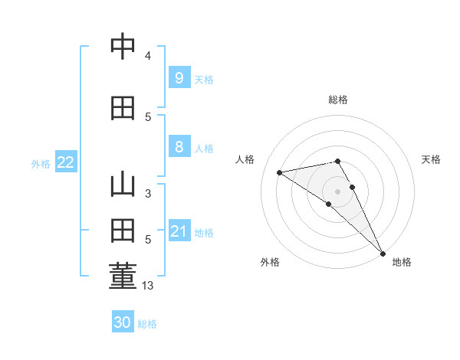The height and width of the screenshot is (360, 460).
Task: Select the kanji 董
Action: tap(123, 277)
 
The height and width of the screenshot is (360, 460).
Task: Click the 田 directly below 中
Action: tap(123, 109)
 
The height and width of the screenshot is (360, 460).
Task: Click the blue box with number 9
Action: tap(179, 77)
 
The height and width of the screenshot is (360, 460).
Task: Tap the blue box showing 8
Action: tap(179, 147)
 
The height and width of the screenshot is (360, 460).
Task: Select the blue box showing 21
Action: tap(179, 231)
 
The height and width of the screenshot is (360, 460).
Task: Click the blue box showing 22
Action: tap(65, 162)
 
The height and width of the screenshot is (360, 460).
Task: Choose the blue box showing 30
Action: tap(123, 322)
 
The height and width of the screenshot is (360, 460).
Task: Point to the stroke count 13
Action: tap(148, 286)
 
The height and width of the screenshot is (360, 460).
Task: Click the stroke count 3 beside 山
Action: tap(147, 193)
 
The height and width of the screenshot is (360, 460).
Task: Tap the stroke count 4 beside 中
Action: tap(147, 56)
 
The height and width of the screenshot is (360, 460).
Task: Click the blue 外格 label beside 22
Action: tap(41, 163)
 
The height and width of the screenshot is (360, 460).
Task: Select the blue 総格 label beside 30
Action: tap(147, 324)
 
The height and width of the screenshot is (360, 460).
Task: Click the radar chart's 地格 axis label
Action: tap(402, 262)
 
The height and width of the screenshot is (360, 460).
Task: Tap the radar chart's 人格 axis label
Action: tap(245, 159)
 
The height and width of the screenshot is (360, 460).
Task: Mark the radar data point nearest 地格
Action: tap(383, 254)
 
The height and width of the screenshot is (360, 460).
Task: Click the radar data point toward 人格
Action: tap(280, 172)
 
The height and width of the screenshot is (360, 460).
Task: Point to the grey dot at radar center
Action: tap(337, 191)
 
